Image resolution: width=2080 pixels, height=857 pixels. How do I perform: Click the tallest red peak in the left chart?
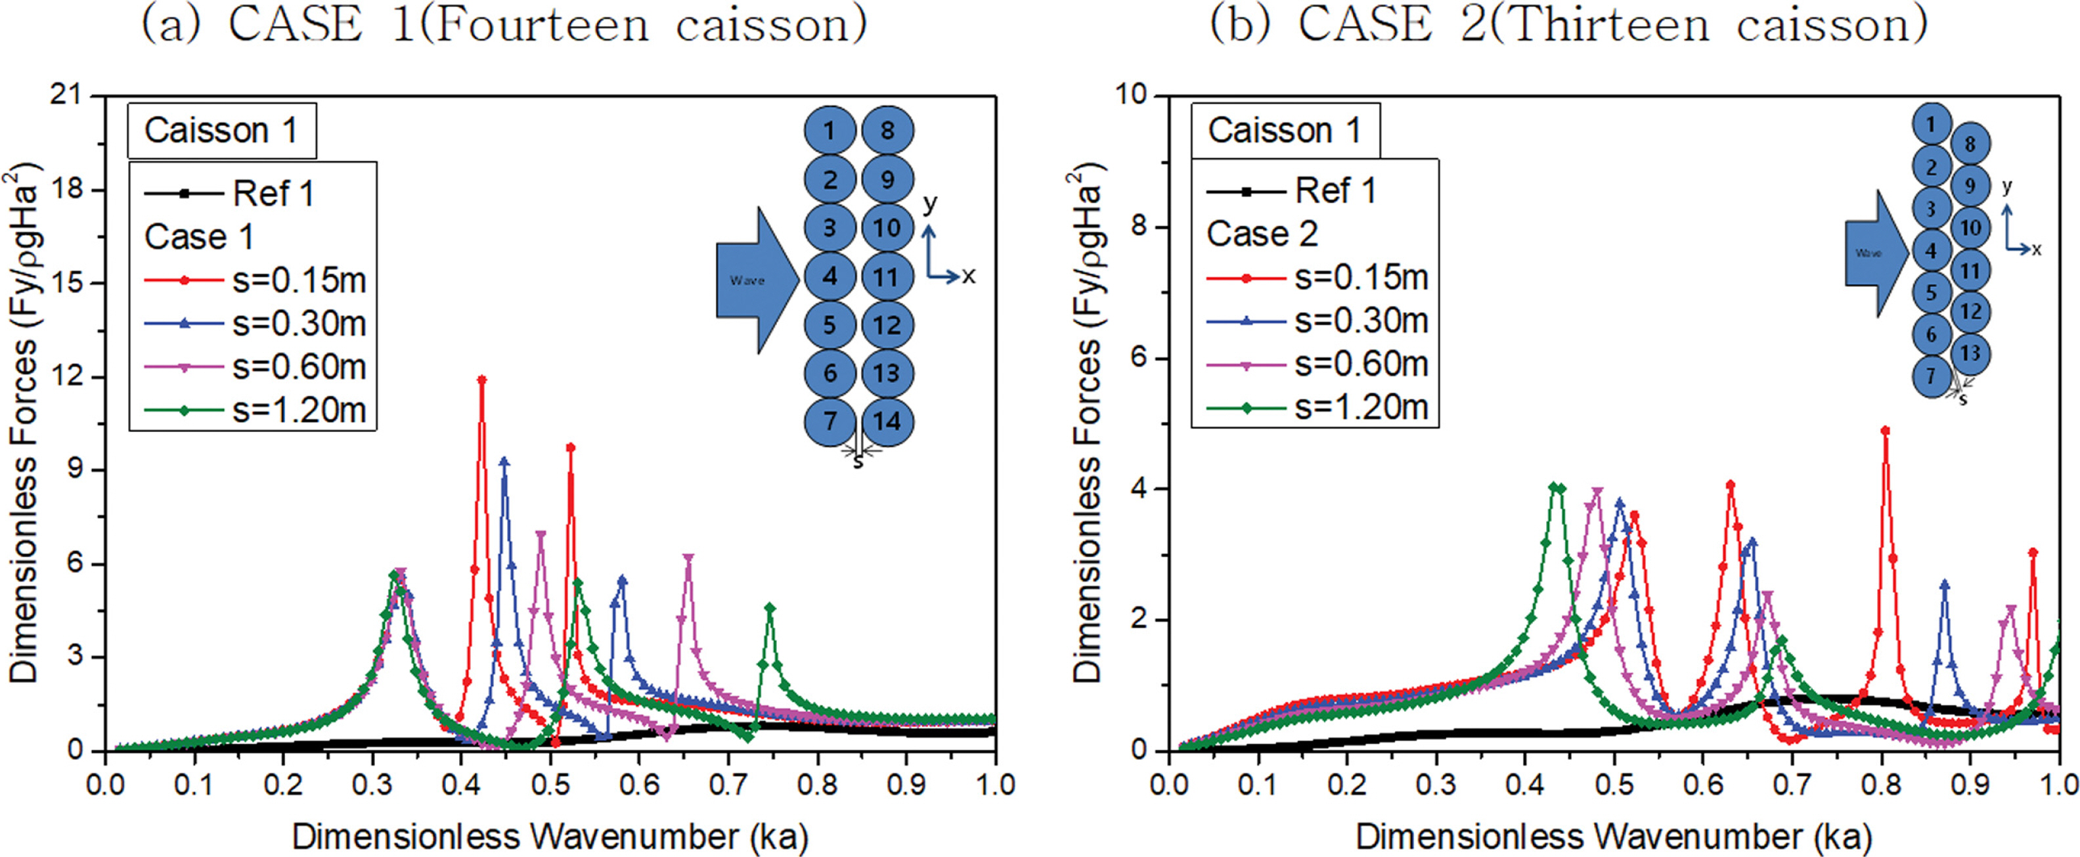[482, 380]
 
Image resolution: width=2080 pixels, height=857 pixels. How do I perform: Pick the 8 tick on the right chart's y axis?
[1137, 227]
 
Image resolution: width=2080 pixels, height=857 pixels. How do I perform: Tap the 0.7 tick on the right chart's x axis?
[1792, 784]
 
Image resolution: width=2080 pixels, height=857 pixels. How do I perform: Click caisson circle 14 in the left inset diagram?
[887, 422]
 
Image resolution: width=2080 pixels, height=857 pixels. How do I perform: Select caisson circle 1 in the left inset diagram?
[830, 131]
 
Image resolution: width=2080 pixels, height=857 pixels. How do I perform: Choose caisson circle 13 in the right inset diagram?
[1970, 353]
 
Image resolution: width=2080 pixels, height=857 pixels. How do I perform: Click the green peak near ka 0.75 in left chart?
[770, 607]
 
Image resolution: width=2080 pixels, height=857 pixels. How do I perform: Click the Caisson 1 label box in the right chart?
[1284, 131]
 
